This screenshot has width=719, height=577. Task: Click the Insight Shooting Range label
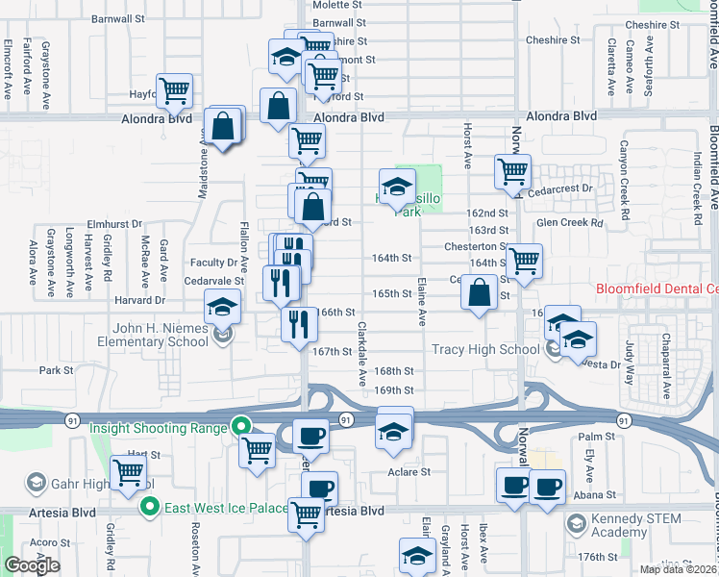point(160,427)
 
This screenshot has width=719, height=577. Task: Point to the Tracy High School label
point(485,349)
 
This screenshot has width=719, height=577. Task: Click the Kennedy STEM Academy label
point(635,525)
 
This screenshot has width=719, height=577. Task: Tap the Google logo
point(32,565)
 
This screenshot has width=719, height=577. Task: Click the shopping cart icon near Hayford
point(175,91)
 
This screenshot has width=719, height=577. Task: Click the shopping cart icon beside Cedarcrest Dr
point(513,171)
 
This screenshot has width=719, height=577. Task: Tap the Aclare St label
point(409,472)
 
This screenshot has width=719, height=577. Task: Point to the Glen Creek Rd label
point(569,222)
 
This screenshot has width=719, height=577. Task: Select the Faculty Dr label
point(213,262)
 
